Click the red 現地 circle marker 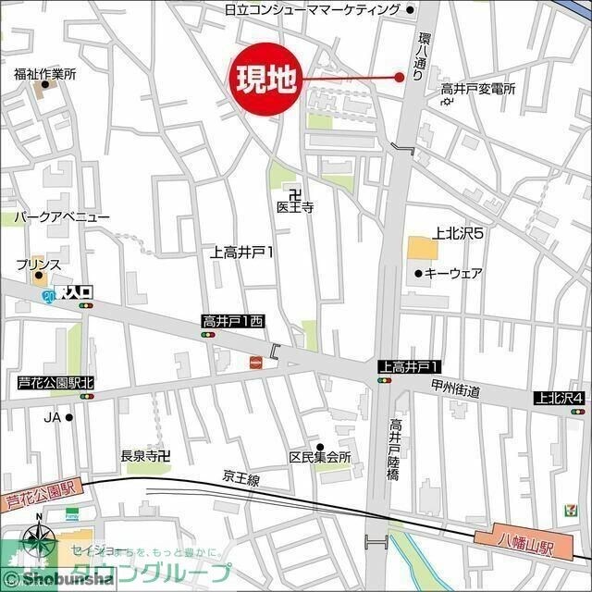pos(265,80)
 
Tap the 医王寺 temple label pos(295,208)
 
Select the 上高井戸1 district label pos(242,251)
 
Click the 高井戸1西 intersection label pos(233,321)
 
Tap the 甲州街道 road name pos(456,390)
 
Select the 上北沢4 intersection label pos(560,398)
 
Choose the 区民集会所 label pos(320,458)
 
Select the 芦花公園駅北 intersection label pos(55,382)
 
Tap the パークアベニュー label pos(61,216)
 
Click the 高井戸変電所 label pos(477,89)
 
